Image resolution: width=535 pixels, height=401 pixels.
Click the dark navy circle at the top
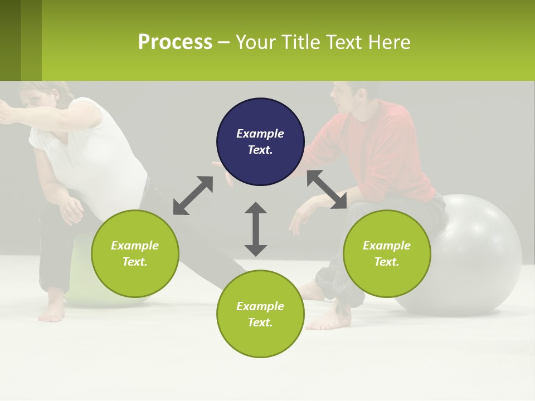tap(260, 142)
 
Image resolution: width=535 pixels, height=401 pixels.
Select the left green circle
tap(135, 253)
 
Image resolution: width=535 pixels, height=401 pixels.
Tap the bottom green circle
tap(260, 314)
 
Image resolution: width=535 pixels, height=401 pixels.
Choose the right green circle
tap(387, 253)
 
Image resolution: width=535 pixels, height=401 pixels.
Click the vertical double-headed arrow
tap(256, 229)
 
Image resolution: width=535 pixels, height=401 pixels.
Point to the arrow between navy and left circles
tap(193, 195)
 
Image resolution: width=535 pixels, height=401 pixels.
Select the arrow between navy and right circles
tap(327, 189)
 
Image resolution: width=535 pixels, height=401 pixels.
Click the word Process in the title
tap(175, 42)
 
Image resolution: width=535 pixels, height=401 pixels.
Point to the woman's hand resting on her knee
tap(71, 209)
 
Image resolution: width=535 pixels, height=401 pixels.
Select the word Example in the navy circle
tap(260, 134)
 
